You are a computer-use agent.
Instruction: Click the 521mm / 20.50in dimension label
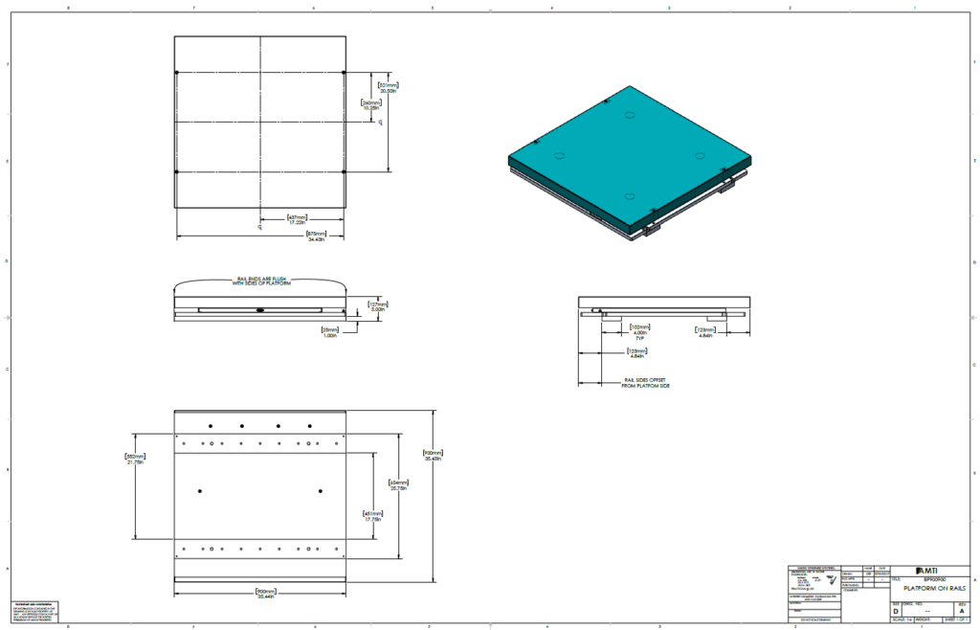pos(388,86)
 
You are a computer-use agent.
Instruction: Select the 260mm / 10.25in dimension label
pos(370,105)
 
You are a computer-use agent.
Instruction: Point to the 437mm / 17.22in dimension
pos(298,220)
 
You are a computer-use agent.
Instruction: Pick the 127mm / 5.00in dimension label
pos(379,307)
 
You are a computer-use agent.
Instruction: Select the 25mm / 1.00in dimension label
pos(331,331)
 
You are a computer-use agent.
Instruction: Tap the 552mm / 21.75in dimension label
pos(135,460)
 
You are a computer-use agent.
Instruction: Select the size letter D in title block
pos(896,610)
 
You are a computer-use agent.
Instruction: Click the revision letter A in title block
pos(963,610)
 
